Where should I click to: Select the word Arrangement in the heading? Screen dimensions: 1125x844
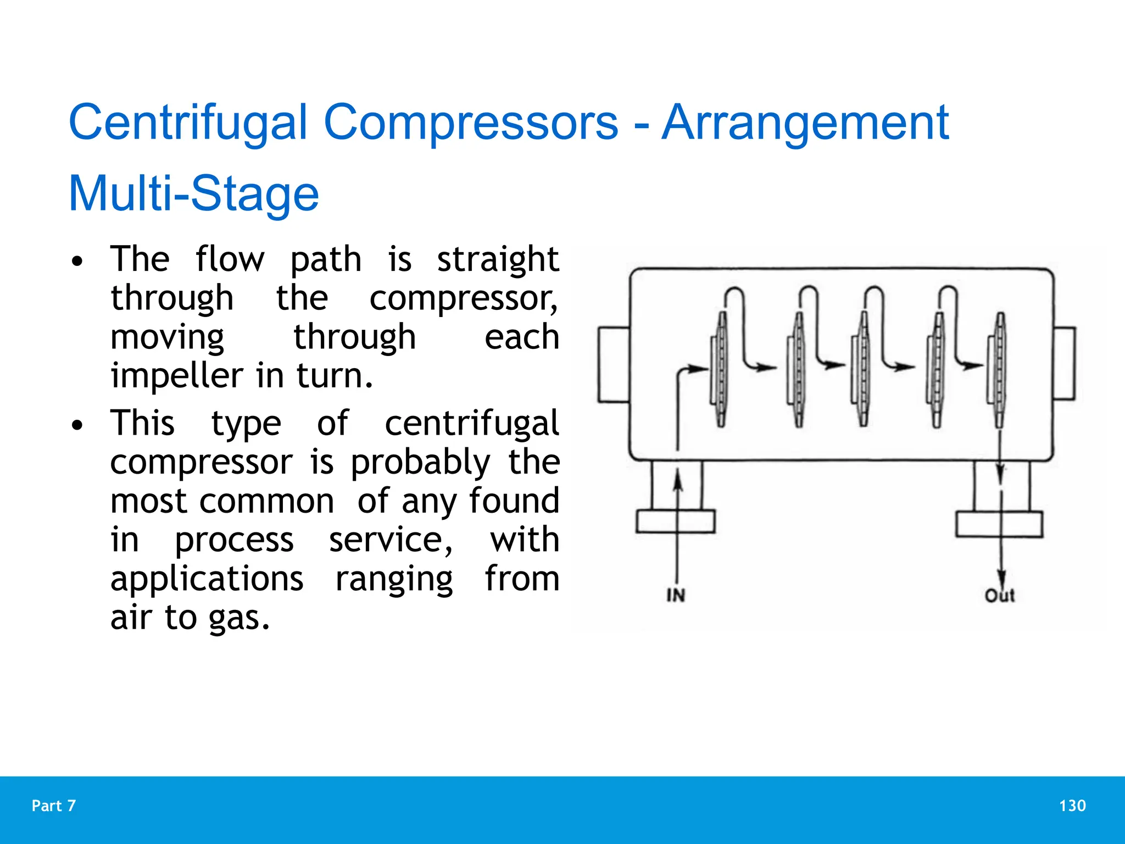805,123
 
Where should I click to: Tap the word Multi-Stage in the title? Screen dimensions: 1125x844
193,193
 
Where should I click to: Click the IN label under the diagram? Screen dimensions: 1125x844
676,595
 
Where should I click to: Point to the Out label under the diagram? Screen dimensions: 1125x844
999,595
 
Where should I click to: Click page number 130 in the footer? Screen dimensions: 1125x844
1072,806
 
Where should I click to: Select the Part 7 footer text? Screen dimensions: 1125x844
54,806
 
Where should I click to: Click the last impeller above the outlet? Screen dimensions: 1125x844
999,369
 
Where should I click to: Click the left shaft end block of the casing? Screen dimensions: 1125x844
614,365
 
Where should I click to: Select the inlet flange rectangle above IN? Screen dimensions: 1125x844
676,521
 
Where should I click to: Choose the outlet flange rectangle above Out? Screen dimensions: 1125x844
999,524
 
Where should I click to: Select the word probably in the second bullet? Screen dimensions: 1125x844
420,463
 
